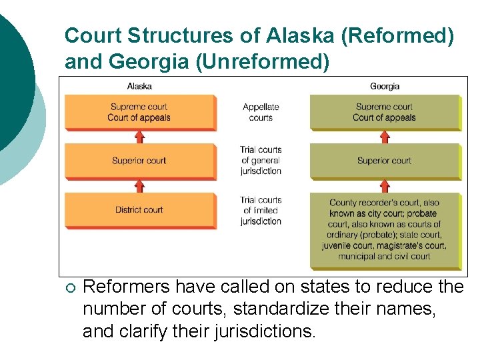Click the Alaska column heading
[139, 86]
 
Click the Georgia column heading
[385, 86]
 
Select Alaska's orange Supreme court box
[139, 112]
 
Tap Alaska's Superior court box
[139, 161]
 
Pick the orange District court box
[139, 210]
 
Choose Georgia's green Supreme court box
[385, 112]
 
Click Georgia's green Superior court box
[385, 161]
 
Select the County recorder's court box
[385, 229]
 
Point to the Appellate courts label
[261, 112]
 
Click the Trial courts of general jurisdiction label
[261, 160]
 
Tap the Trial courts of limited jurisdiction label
[261, 210]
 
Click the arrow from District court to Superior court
[139, 186]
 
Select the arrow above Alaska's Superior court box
[139, 137]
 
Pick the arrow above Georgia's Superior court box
[385, 137]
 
